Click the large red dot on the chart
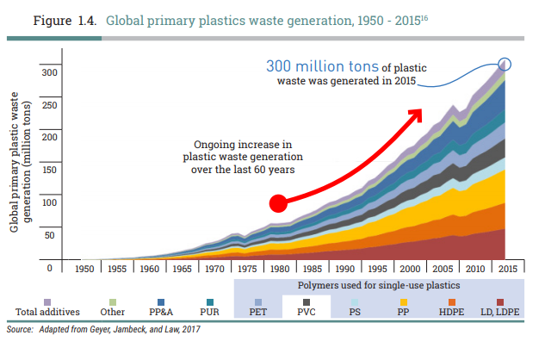click(x=278, y=203)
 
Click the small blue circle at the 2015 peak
click(x=505, y=63)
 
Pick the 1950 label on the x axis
click(x=84, y=268)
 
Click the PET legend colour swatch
click(x=258, y=301)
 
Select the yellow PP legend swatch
click(x=403, y=301)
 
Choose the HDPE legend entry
click(x=451, y=312)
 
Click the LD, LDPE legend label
click(x=499, y=312)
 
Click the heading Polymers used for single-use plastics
click(x=378, y=284)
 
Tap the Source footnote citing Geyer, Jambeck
click(x=103, y=328)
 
